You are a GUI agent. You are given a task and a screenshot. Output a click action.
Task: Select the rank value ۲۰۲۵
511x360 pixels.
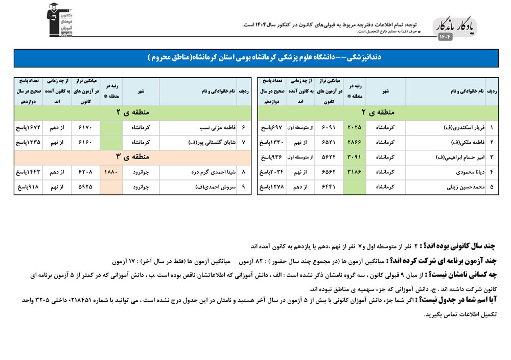pyautogui.click(x=354, y=127)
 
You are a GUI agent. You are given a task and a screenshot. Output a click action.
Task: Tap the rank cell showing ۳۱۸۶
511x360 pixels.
pyautogui.click(x=354, y=172)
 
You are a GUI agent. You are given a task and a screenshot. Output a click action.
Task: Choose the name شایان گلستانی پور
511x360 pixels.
pyautogui.click(x=210, y=142)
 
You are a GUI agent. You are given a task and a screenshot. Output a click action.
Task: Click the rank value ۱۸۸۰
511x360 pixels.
pyautogui.click(x=111, y=172)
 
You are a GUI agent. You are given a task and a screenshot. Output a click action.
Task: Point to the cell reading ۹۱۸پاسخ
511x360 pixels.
pyautogui.click(x=29, y=187)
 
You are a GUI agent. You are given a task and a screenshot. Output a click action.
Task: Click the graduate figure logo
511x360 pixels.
pyautogui.click(x=58, y=19)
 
